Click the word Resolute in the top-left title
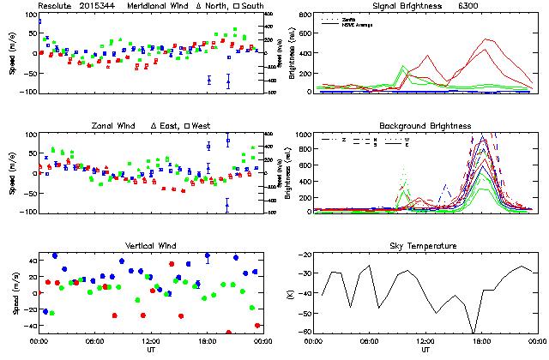(x=55, y=5)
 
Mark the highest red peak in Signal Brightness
(x=486, y=39)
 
